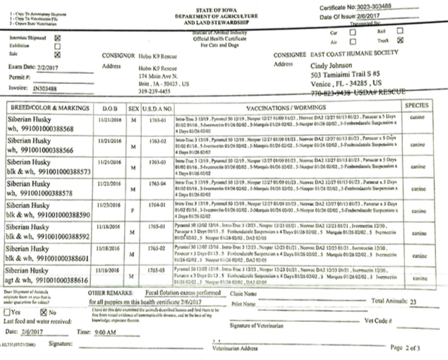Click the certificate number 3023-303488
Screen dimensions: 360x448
click(399, 6)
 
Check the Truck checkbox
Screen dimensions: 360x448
click(400, 40)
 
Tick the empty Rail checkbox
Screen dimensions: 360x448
click(400, 31)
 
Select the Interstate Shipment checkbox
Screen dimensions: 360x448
click(57, 38)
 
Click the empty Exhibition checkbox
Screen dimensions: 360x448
click(57, 46)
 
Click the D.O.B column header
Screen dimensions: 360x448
click(110, 106)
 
